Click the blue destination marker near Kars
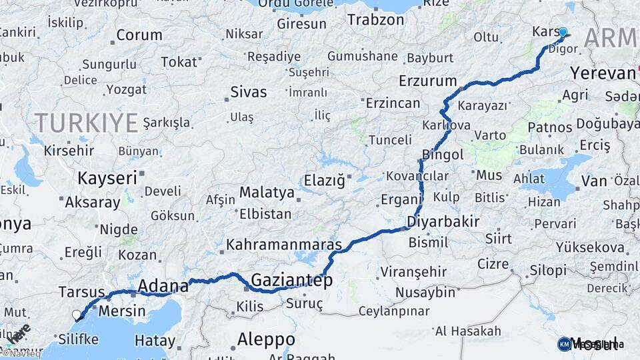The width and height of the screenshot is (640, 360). click(563, 32)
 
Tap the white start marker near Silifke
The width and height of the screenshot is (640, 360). click(77, 315)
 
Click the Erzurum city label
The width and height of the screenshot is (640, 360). click(427, 81)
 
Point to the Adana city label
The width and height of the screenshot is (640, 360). click(163, 287)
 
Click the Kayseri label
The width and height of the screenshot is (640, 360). click(107, 178)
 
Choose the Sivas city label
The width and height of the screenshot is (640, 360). click(248, 91)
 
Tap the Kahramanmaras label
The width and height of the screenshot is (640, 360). click(284, 245)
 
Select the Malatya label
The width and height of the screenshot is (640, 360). click(267, 193)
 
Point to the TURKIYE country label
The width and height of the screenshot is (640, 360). click(87, 123)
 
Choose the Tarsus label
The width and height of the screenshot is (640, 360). click(81, 292)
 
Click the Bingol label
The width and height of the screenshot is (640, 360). click(443, 155)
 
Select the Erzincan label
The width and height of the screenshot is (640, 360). click(393, 103)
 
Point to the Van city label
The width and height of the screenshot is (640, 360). click(594, 181)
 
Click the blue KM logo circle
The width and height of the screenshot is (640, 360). click(564, 344)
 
